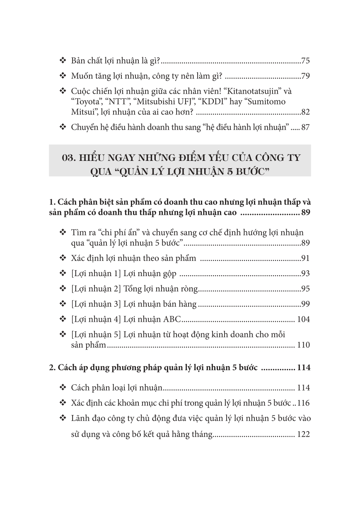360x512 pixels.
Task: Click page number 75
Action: click(x=306, y=61)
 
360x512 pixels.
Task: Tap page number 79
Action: click(x=306, y=76)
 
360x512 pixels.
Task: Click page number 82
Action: click(x=306, y=112)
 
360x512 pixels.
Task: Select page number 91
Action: click(x=306, y=259)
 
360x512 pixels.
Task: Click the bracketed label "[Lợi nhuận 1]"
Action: click(x=95, y=274)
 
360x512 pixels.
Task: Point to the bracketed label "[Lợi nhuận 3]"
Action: click(x=95, y=304)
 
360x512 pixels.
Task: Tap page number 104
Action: click(x=303, y=320)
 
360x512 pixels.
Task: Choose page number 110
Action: click(x=303, y=345)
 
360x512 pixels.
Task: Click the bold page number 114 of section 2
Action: click(x=303, y=367)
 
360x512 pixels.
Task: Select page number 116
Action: click(x=303, y=403)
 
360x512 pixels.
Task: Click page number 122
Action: click(x=303, y=435)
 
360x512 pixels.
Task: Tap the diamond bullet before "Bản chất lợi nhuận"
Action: click(x=63, y=61)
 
